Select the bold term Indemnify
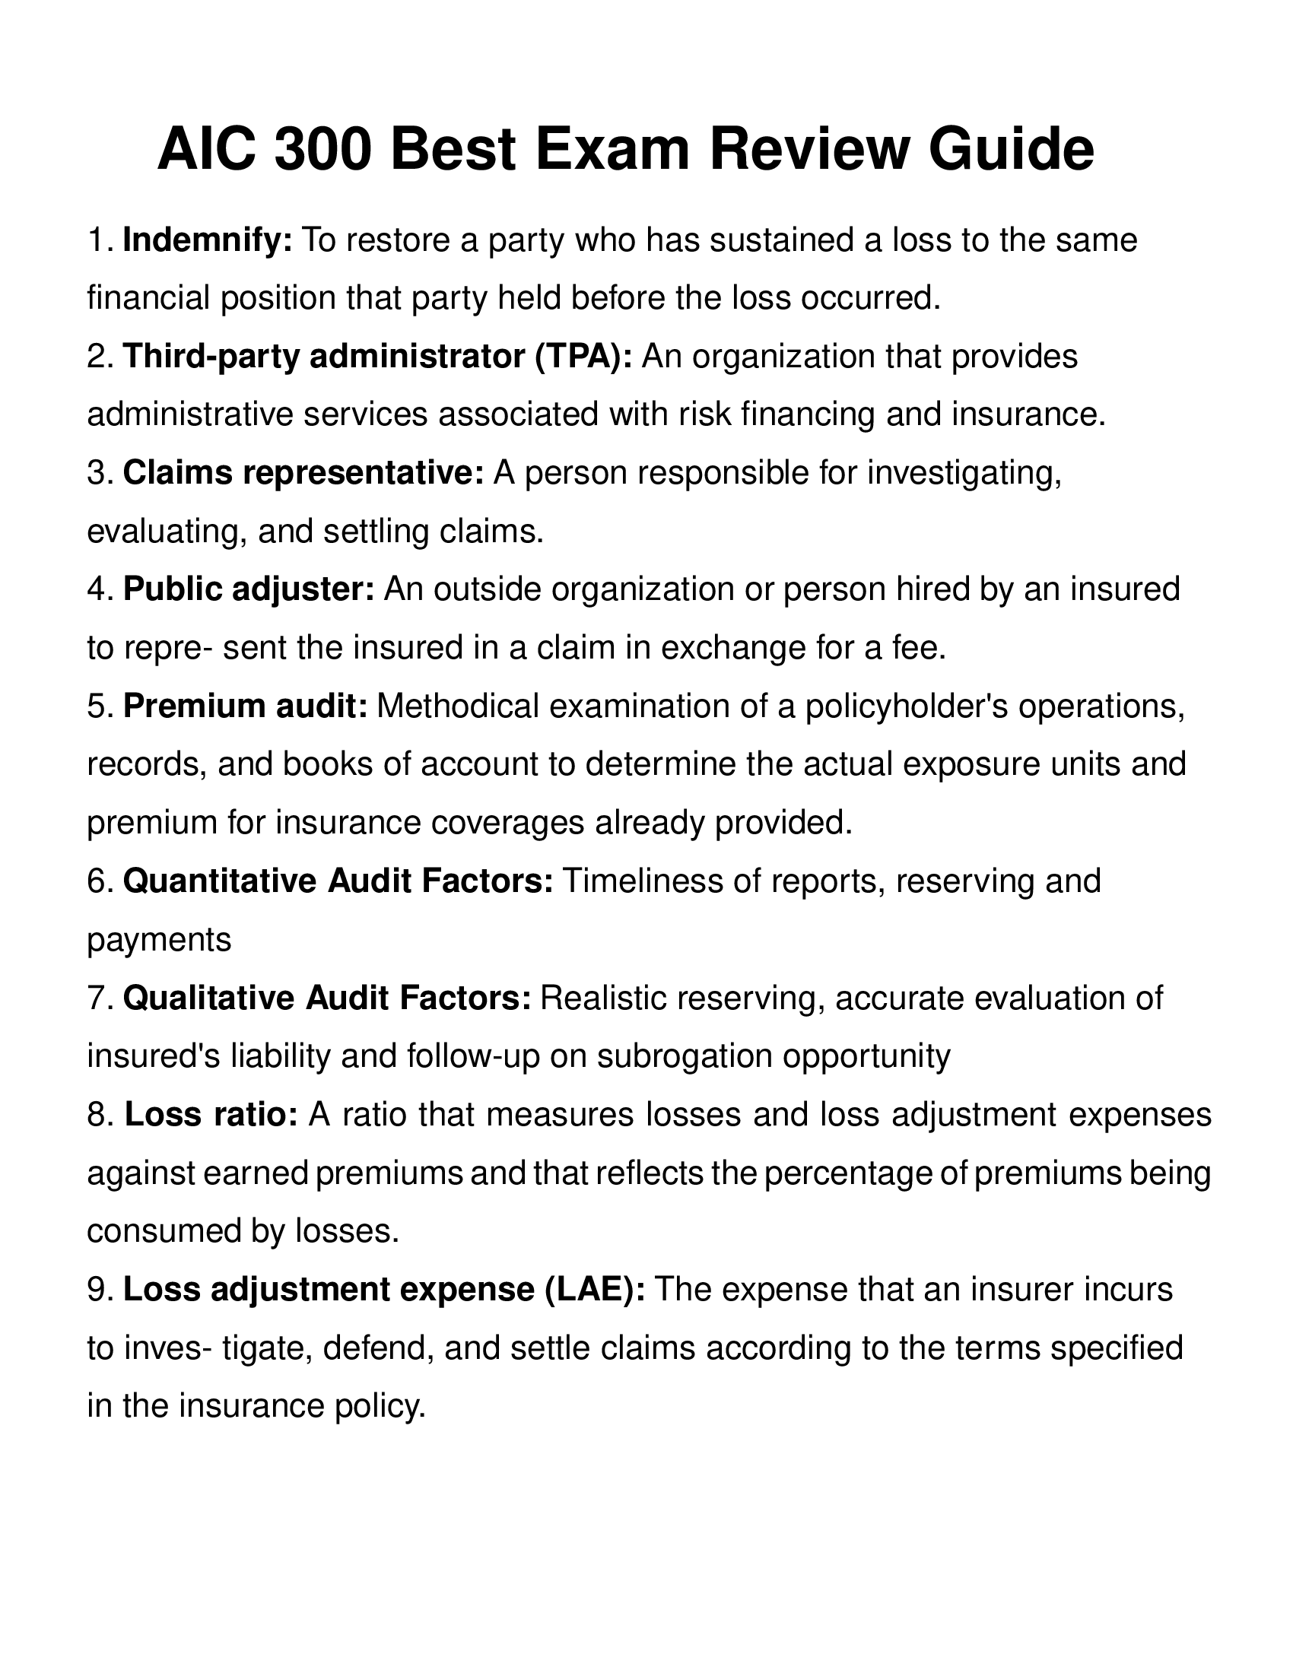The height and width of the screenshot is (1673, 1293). click(208, 240)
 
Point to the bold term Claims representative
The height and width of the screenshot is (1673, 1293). click(303, 474)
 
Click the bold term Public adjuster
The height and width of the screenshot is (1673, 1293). click(249, 590)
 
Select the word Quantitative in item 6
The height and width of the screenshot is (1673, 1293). click(220, 881)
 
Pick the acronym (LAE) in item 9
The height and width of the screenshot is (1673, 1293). click(596, 1290)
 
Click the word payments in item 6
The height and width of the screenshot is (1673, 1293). click(159, 940)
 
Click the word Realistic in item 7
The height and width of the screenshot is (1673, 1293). click(605, 998)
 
